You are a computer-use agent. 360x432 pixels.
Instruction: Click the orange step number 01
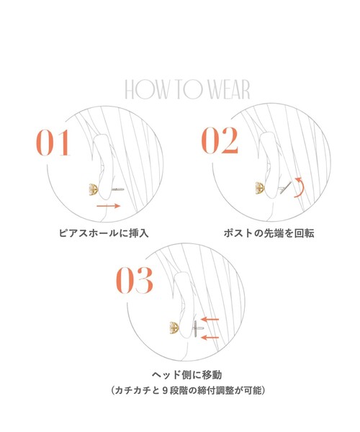[x=54, y=143]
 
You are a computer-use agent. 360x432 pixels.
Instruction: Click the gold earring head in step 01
[x=92, y=190]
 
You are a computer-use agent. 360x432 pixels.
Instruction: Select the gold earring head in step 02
[x=258, y=189]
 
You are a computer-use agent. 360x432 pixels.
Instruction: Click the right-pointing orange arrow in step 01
[x=108, y=206]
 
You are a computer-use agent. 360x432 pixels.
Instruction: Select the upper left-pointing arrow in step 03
[x=210, y=319]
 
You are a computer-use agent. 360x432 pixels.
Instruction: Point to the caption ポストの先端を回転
[x=269, y=233]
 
